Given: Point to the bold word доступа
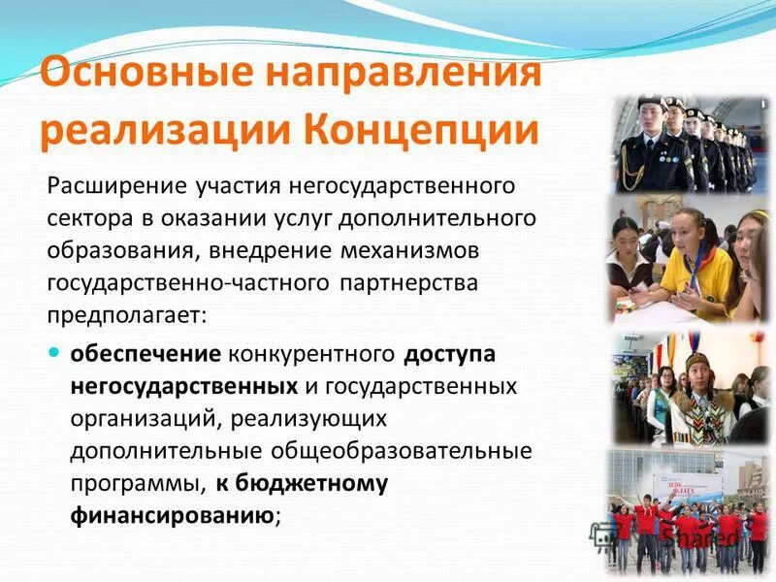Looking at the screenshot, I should pos(450,355).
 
